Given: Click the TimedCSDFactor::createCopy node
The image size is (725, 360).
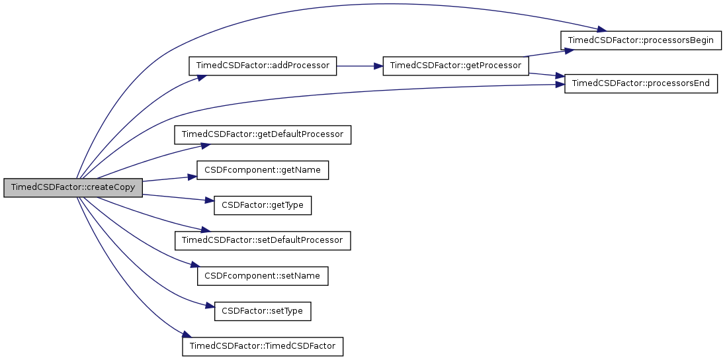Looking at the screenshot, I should coord(73,187).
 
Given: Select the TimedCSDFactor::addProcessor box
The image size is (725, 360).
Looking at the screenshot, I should coord(263,66).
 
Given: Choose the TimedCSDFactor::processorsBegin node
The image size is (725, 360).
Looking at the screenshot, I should coord(640,40).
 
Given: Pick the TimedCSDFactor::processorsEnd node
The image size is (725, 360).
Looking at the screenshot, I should coord(640,83).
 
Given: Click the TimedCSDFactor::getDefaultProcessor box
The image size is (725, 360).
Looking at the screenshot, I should coord(263,134).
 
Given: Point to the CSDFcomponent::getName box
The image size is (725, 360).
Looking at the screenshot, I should coord(263,170).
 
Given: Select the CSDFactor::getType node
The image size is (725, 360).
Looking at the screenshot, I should coord(263,205).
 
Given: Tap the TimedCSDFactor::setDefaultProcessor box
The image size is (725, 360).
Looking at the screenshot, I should coord(263,240).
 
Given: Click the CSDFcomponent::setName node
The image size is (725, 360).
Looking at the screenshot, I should coord(263,275).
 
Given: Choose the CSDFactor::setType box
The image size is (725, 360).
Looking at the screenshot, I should coord(263,310).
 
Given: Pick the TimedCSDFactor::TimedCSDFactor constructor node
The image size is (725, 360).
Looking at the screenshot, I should coord(263,346).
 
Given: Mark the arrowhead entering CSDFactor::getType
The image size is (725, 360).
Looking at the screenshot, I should coord(210,201).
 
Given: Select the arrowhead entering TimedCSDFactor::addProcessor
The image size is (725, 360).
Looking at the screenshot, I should coord(199,77).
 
